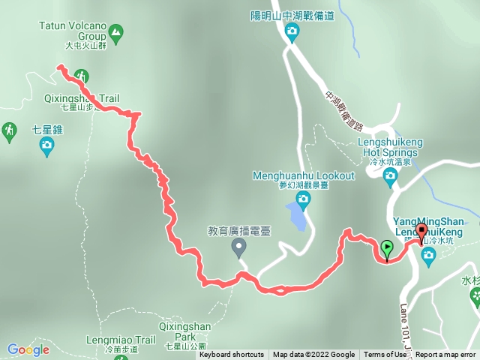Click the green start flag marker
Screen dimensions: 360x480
[x=387, y=248]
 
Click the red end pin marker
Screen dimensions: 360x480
[x=421, y=232]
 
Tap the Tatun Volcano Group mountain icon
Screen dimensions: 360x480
[x=115, y=31]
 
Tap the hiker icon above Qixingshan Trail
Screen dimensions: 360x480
[x=81, y=76]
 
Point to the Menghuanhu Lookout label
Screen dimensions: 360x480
[x=304, y=176]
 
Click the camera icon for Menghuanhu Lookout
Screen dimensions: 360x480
[x=303, y=197]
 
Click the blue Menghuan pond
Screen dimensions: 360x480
[x=296, y=217]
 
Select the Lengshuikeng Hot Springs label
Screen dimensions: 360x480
[x=390, y=148]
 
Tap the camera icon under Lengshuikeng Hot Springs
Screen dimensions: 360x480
[x=390, y=176]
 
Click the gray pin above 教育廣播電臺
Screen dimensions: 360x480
[x=239, y=246]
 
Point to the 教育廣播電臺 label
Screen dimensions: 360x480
[x=238, y=230]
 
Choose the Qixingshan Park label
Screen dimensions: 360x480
[x=184, y=331]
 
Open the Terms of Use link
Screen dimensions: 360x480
[x=385, y=355]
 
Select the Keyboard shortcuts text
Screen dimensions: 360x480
[x=231, y=355]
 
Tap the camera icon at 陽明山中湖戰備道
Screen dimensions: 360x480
[x=292, y=31]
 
